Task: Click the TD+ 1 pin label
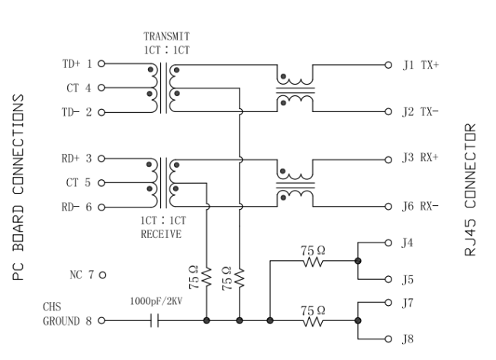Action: point(77,65)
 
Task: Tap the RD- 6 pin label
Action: point(77,207)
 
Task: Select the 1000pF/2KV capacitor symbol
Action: point(155,321)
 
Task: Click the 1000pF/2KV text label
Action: point(155,303)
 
